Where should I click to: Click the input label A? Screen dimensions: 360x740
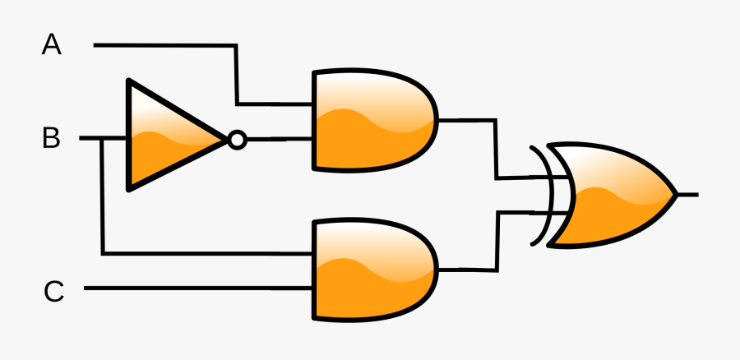52,45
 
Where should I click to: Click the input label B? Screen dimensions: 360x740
51,139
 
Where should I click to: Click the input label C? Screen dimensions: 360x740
53,291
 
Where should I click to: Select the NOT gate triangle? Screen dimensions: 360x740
164,136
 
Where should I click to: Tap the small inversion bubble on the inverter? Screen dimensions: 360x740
237,140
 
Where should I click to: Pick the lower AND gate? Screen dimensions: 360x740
370,269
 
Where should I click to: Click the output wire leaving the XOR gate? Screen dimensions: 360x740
688,195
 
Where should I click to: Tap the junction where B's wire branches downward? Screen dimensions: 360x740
102,139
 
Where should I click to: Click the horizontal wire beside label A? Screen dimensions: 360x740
164,45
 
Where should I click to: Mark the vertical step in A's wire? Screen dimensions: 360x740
237,74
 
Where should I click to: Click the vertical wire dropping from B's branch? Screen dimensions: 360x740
102,197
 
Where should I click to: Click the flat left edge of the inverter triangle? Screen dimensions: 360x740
128,136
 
